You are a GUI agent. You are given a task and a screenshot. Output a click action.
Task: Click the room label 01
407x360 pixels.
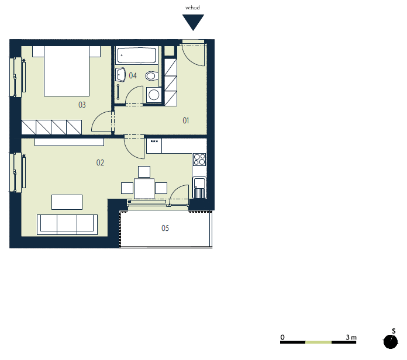[185, 120]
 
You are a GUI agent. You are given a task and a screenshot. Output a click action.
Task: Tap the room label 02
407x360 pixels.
[100, 162]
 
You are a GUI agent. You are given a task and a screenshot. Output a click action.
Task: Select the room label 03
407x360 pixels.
[82, 105]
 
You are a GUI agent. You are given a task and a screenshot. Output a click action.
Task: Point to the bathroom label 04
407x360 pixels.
[133, 75]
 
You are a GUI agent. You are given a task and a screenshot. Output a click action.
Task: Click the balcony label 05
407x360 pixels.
[165, 228]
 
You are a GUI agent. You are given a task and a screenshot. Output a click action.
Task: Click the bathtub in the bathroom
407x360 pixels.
[136, 56]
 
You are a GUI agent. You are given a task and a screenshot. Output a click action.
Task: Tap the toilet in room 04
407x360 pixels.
[152, 76]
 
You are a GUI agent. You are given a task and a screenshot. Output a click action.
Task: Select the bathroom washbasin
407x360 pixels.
[120, 74]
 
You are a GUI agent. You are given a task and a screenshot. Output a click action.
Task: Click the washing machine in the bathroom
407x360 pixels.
[154, 95]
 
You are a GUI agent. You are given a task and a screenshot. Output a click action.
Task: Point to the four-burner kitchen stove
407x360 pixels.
[199, 159]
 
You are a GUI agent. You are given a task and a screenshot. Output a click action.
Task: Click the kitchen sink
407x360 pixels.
[199, 188]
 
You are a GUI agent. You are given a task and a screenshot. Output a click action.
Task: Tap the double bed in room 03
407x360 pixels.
[67, 71]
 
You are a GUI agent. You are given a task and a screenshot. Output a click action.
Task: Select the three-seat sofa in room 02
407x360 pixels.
[67, 224]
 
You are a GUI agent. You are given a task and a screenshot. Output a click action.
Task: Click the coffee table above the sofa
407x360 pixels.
[67, 202]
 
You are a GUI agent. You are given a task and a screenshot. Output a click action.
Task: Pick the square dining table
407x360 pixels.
[144, 189]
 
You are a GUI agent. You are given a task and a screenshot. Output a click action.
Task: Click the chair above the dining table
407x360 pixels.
[144, 172]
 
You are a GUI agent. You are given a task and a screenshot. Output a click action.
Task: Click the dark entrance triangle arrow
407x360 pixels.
[193, 22]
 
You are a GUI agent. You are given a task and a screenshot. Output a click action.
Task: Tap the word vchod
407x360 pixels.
[192, 8]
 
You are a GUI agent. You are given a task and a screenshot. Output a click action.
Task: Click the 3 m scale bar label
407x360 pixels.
[351, 337]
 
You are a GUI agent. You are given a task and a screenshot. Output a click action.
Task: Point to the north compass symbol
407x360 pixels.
[391, 341]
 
